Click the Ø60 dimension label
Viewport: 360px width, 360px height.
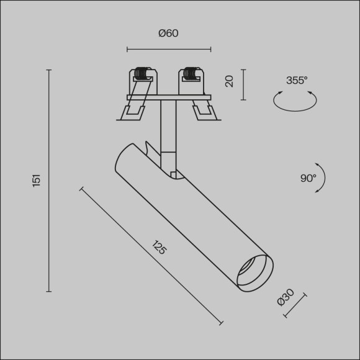[168, 34]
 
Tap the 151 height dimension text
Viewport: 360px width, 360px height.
[37, 181]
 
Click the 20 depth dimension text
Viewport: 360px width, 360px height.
[229, 81]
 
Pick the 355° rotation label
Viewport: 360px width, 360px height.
[297, 80]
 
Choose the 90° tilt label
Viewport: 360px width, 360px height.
[308, 178]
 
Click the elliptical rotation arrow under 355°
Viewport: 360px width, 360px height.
[295, 101]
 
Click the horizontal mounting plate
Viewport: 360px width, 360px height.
[169, 97]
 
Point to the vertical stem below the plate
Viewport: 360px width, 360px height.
[168, 127]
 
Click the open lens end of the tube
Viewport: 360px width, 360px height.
[254, 272]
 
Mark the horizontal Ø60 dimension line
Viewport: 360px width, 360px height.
[169, 48]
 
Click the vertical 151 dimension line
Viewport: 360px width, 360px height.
[49, 181]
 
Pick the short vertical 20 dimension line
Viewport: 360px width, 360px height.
[242, 84]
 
